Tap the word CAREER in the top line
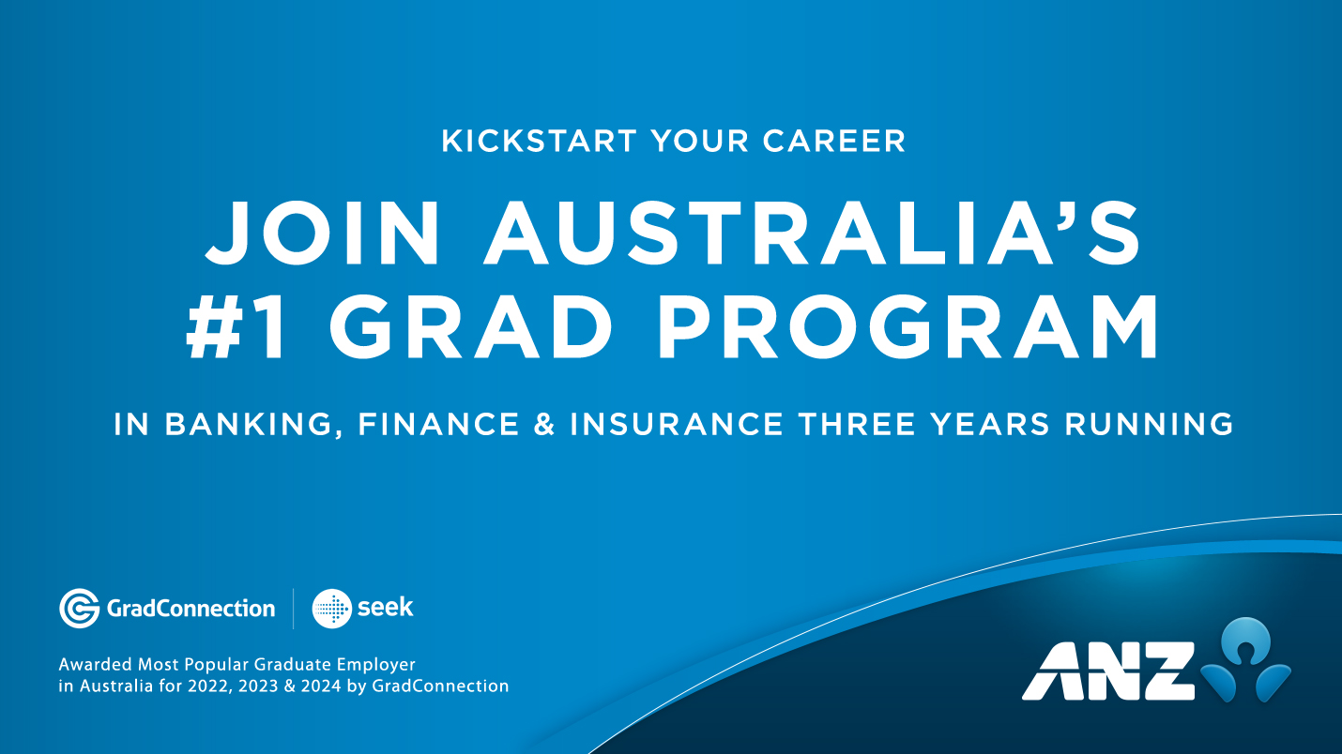(834, 141)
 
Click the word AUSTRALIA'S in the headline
(814, 234)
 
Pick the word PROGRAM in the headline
(906, 330)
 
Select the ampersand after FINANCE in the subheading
(544, 424)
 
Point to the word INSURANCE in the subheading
(677, 424)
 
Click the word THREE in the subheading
(859, 424)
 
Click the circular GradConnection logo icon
(79, 608)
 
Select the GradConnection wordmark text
(191, 609)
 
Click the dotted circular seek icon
(331, 609)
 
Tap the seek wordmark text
(385, 608)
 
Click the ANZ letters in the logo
(1107, 671)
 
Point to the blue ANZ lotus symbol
(1245, 660)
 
